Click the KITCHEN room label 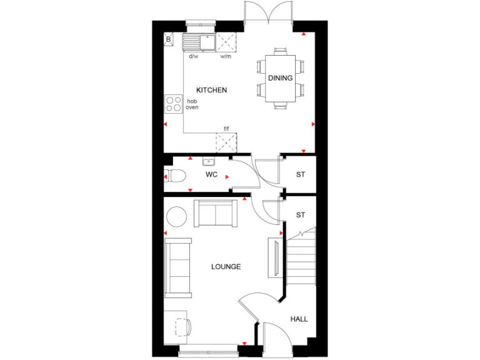[x=211, y=90]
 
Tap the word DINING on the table [x=280, y=78]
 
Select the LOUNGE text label [x=226, y=267]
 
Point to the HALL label [x=299, y=319]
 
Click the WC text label [x=211, y=174]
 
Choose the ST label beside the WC [x=300, y=174]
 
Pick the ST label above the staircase [x=300, y=215]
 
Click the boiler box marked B [x=168, y=40]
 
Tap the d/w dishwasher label [x=194, y=56]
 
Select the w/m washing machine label [x=225, y=56]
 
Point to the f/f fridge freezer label [x=226, y=129]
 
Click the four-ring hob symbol [x=173, y=104]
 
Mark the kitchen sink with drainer [x=198, y=42]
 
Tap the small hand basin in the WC [x=207, y=161]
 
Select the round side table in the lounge [x=177, y=216]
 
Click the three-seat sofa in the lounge [x=179, y=267]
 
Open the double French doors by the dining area [x=268, y=12]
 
